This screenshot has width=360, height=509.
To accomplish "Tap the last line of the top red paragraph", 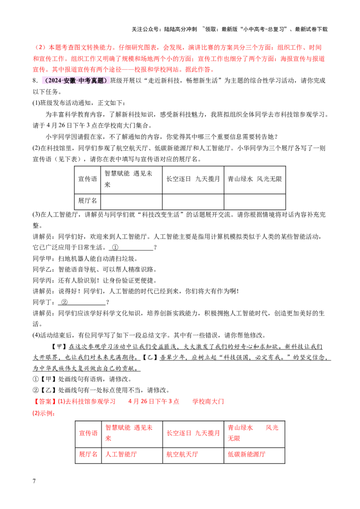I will click(x=124, y=70).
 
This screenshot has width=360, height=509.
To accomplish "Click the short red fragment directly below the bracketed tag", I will click(x=44, y=413).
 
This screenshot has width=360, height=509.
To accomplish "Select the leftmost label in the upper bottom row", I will click(x=88, y=433).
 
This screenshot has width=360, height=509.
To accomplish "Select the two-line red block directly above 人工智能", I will click(x=129, y=432).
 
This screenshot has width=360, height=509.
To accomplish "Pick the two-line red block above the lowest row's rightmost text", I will click(x=253, y=433).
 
